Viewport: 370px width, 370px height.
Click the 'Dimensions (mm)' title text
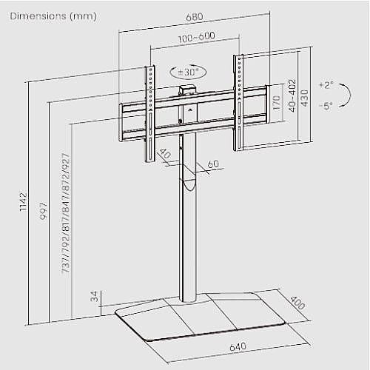pyautogui.click(x=53, y=16)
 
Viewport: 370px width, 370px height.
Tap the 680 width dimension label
pyautogui.click(x=195, y=17)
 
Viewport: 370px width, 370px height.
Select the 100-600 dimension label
pyautogui.click(x=197, y=37)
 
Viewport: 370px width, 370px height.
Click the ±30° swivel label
pyautogui.click(x=188, y=72)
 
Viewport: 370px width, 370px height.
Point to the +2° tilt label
pyautogui.click(x=326, y=85)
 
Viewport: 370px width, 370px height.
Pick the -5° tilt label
pyautogui.click(x=326, y=106)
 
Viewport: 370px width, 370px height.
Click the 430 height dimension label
pyautogui.click(x=305, y=98)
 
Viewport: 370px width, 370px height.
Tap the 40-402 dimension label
pyautogui.click(x=292, y=95)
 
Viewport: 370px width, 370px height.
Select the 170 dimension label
pyautogui.click(x=277, y=103)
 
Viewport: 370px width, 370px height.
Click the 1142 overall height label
pyautogui.click(x=23, y=202)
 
